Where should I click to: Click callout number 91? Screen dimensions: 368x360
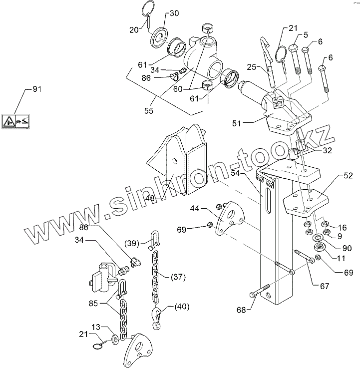click(36, 89)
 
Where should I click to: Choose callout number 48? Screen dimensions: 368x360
click(149, 198)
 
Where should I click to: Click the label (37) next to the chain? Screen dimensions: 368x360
click(179, 276)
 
